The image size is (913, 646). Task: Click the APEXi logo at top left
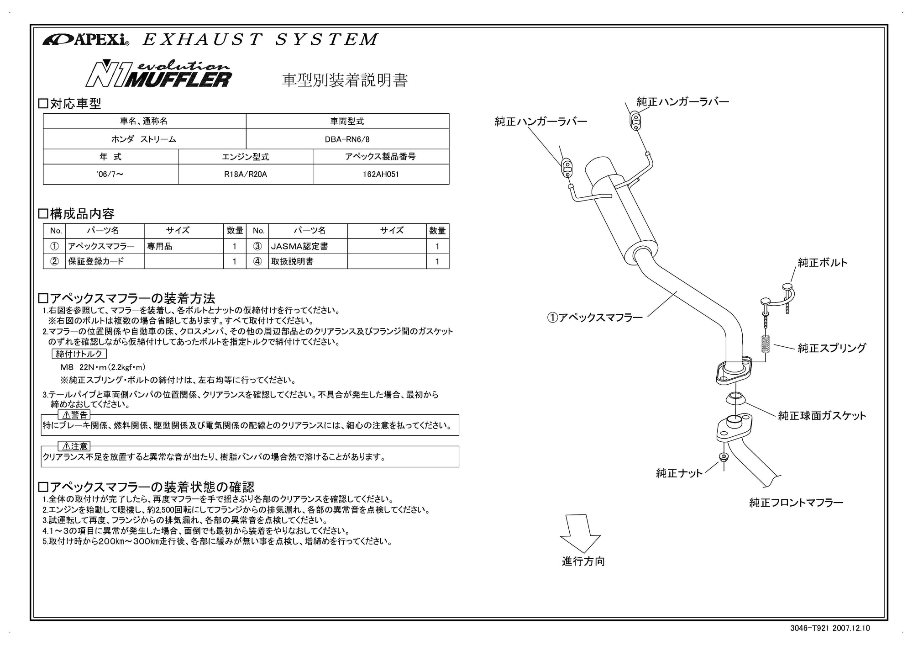click(86, 40)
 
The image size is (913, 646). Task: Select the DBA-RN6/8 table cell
click(347, 139)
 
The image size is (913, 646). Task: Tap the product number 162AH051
click(381, 175)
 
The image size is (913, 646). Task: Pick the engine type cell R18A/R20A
click(246, 175)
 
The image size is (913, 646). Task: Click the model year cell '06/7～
click(110, 175)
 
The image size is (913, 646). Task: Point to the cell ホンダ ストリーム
click(144, 139)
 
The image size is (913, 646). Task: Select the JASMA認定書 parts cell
click(299, 247)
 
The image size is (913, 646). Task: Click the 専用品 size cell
click(160, 247)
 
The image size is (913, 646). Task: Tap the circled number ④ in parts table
click(257, 262)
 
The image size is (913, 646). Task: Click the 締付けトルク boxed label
click(79, 354)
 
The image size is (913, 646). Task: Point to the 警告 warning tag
click(74, 415)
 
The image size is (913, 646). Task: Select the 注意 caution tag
click(74, 446)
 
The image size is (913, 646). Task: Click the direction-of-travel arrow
click(580, 533)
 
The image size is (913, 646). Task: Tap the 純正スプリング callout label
click(831, 348)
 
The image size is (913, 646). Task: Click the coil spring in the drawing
click(765, 344)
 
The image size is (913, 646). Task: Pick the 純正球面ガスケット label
click(822, 416)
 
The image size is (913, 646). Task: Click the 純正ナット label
click(679, 473)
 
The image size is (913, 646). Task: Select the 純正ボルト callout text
click(822, 263)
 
